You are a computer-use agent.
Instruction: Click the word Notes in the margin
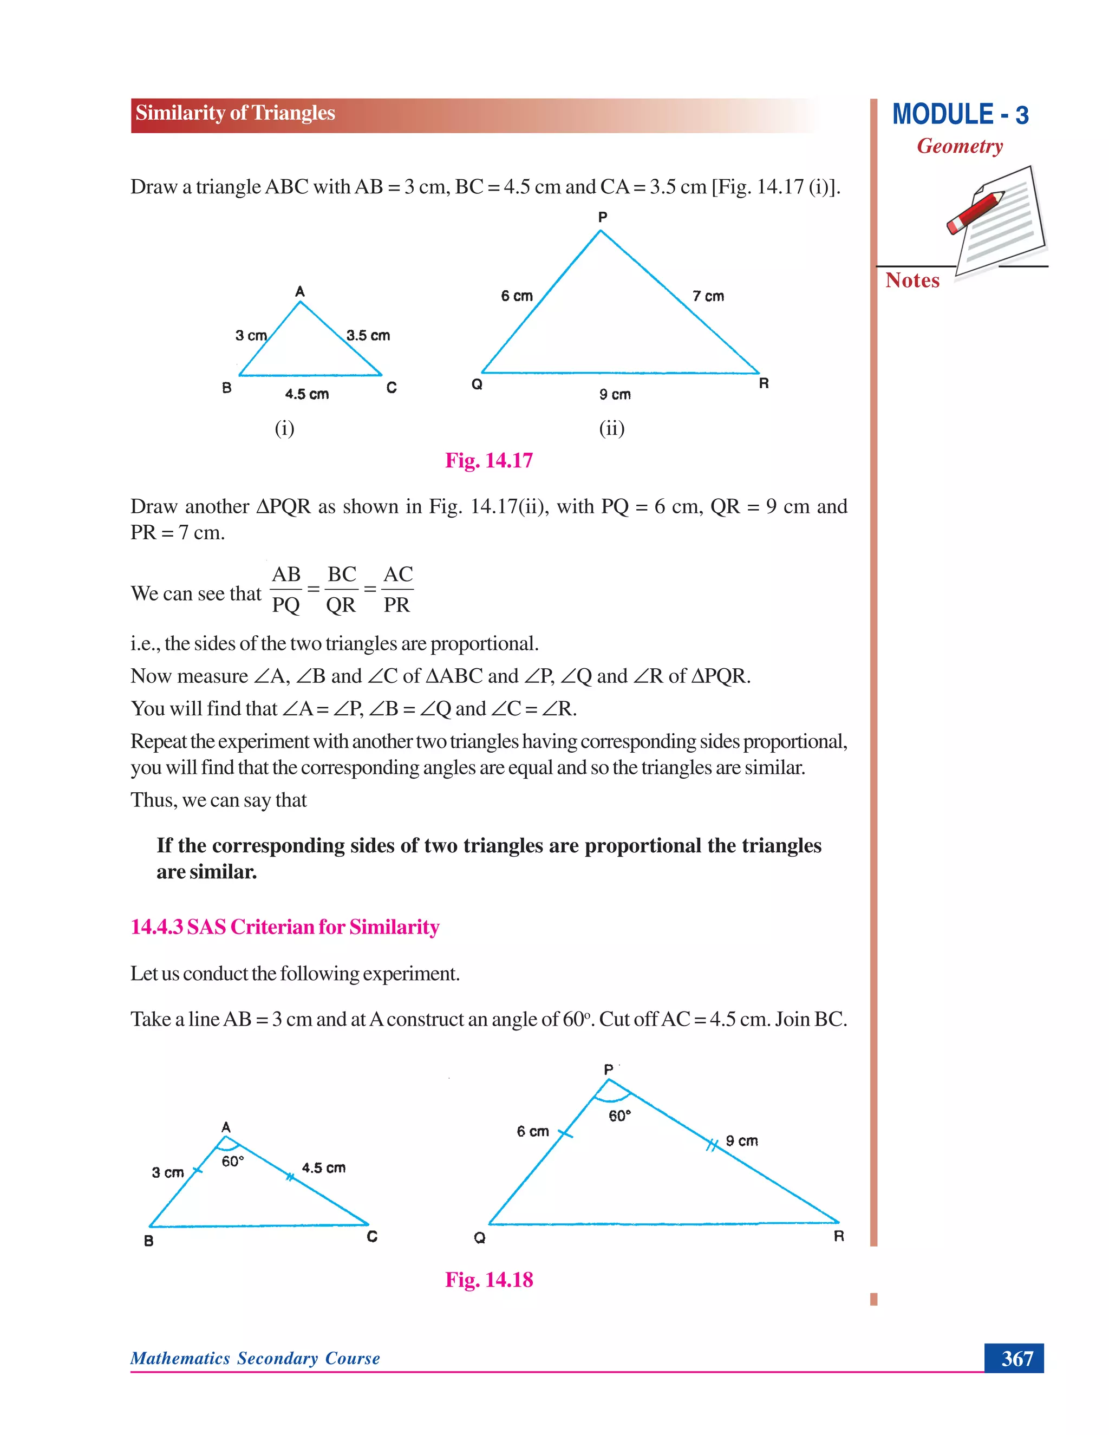912,280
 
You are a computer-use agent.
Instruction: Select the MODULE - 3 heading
960,114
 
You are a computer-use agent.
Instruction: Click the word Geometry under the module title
960,146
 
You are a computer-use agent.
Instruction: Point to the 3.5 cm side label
368,335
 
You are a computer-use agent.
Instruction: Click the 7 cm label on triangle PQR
708,296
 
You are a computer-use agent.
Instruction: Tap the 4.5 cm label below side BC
307,394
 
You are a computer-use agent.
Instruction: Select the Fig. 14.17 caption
489,460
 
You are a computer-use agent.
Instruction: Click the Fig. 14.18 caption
489,1279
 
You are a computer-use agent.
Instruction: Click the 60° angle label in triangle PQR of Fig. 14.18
619,1116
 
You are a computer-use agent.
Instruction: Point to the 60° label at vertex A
232,1161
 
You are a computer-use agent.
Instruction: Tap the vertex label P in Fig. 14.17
603,217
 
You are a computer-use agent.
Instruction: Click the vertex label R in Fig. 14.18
838,1236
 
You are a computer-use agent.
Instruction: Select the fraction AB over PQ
286,589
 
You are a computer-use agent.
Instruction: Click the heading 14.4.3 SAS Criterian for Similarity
284,927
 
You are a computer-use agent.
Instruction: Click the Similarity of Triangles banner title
235,113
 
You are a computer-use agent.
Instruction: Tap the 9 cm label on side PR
742,1140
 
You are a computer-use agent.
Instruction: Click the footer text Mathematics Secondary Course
255,1358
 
